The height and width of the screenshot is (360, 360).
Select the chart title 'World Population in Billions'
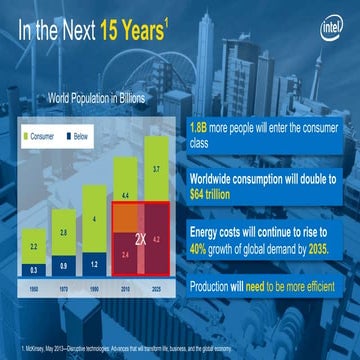(96, 98)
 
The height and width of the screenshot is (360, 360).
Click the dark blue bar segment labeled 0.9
(67, 265)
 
